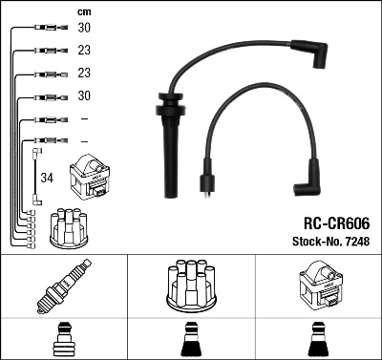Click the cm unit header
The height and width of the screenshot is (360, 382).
83,11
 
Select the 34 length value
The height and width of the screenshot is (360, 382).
48,178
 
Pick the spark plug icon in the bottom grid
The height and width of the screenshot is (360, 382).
63,288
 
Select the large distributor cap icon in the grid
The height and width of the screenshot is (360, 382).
190,287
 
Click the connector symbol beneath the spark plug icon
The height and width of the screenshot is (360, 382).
63,340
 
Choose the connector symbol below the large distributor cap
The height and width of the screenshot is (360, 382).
190,340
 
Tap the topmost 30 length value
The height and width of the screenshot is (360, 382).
84,30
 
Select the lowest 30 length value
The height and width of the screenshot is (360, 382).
84,95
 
